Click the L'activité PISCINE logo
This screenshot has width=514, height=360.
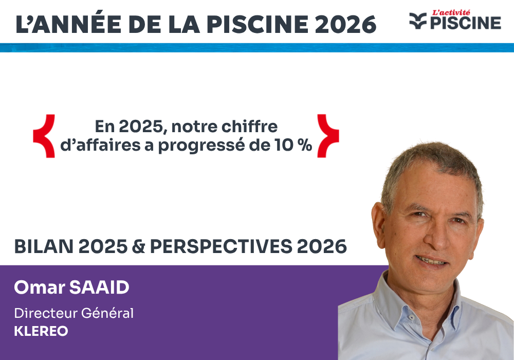point(455,21)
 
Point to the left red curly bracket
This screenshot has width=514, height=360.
point(44,136)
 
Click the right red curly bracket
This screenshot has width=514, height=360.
point(327,136)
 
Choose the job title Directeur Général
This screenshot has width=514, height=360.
point(74,313)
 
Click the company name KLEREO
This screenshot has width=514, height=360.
point(41,331)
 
